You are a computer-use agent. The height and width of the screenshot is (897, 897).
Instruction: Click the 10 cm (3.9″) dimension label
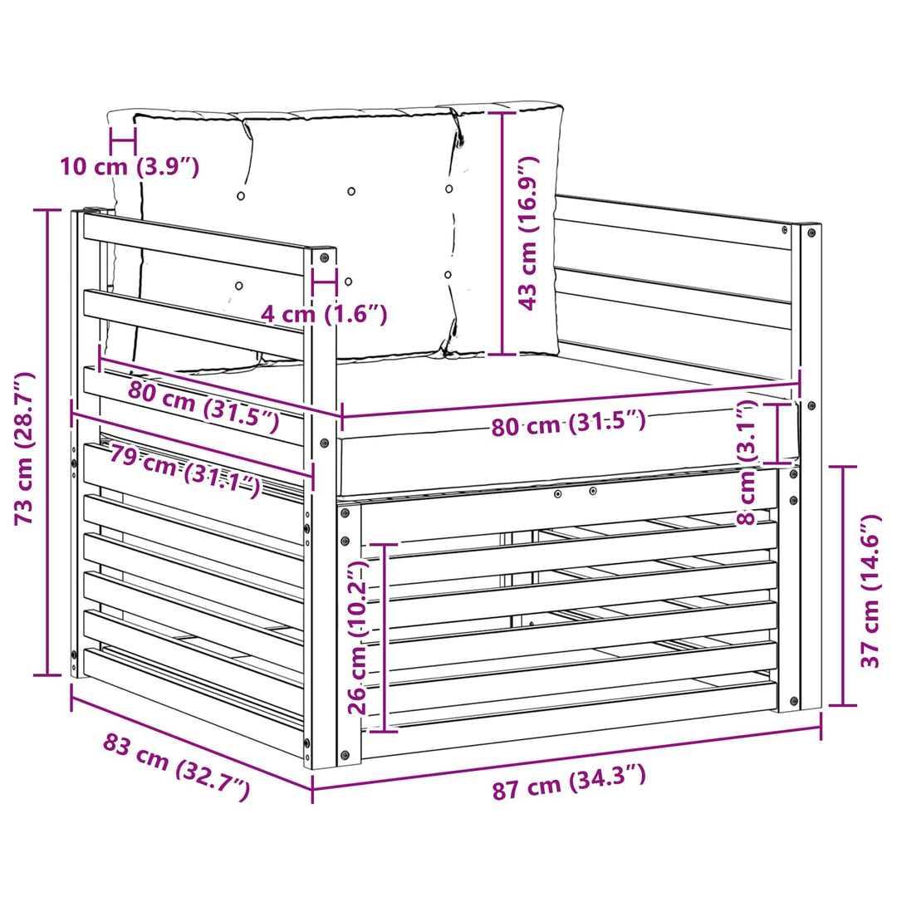130,166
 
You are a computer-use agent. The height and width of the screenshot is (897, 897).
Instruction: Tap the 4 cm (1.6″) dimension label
324,314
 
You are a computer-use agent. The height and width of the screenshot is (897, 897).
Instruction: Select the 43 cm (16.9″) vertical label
528,233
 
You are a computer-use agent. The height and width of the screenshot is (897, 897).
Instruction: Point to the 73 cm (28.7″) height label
25,448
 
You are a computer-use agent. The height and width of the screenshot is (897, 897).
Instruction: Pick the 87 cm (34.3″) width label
569,782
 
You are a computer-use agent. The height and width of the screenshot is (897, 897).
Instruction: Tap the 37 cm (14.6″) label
871,591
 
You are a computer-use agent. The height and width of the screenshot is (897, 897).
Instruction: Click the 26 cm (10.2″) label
360,637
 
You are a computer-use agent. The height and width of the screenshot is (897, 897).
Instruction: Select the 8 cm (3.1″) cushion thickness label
747,463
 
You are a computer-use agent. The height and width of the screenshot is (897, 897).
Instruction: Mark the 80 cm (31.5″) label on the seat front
569,424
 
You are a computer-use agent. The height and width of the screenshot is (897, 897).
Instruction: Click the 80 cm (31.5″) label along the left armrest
203,405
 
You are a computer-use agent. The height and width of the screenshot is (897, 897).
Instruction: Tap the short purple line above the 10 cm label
123,140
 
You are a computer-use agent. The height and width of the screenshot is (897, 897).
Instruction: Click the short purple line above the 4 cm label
324,282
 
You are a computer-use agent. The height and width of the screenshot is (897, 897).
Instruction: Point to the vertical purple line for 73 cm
48,443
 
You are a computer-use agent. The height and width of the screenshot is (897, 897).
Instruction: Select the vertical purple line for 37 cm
843,586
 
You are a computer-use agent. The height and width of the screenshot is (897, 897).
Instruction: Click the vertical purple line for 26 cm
384,638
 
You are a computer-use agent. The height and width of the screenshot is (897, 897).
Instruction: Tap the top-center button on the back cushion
351,191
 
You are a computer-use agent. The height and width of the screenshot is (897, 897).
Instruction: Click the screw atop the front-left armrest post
325,257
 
